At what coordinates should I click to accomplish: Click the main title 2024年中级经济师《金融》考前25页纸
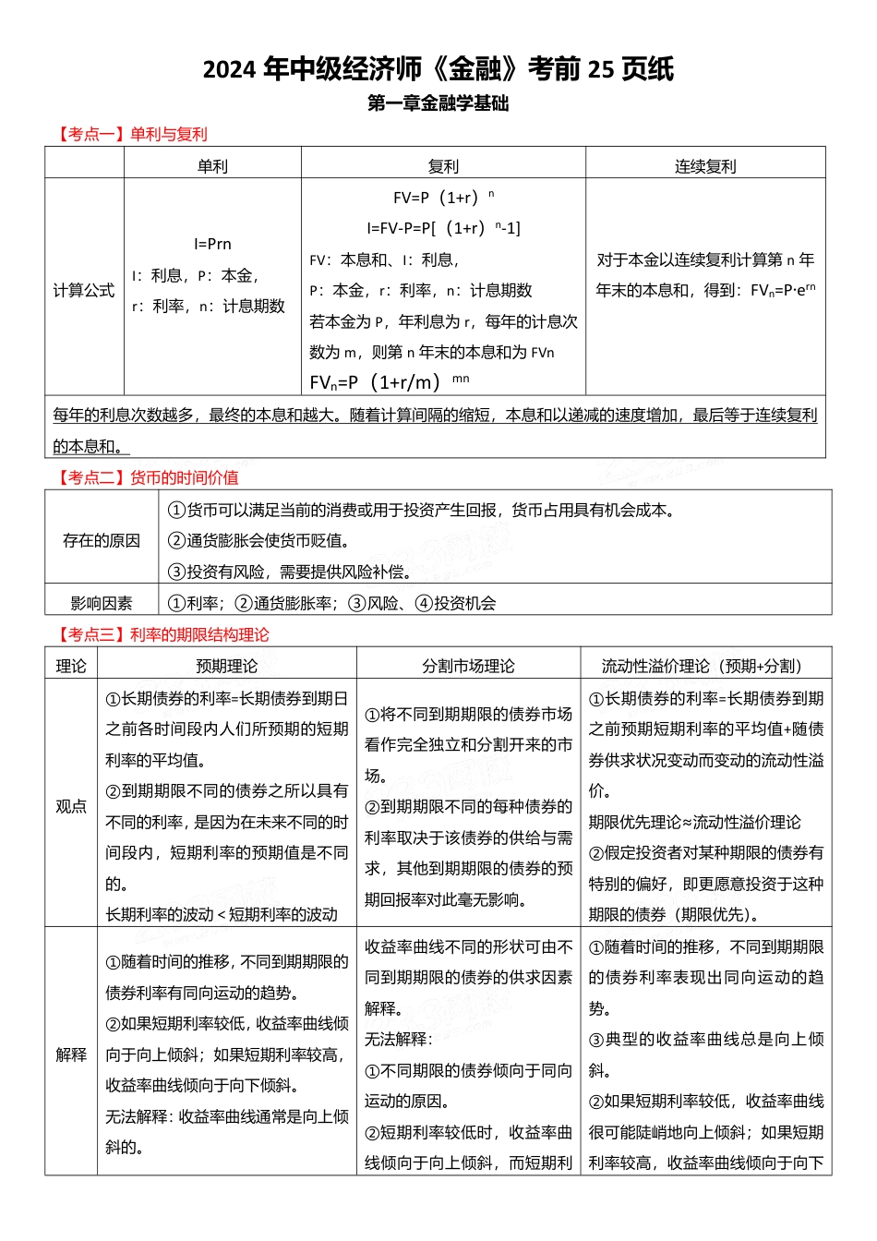[438, 69]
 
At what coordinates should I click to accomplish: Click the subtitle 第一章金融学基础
[438, 103]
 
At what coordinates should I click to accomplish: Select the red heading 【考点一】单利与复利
[129, 135]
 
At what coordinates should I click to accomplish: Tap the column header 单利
[212, 166]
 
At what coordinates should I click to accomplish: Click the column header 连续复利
[705, 166]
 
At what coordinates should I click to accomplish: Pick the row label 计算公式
[84, 290]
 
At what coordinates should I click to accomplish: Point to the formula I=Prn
[212, 244]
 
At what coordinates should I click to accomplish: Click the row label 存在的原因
[102, 540]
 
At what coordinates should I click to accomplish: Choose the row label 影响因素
[102, 603]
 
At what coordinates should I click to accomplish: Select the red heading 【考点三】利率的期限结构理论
[161, 634]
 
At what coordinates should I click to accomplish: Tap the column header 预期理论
[227, 666]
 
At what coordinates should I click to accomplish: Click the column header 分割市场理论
[469, 666]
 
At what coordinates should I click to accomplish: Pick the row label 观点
[71, 806]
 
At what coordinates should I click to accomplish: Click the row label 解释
[71, 1054]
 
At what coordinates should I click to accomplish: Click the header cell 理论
[71, 666]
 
